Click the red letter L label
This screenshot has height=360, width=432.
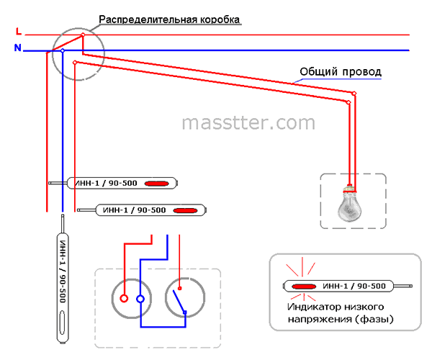pos(19,31)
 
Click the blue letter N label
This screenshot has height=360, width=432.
pos(17,48)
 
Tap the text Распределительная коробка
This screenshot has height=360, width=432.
pos(169,20)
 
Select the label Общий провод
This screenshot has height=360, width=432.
pos(341,71)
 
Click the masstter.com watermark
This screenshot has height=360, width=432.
pos(248,123)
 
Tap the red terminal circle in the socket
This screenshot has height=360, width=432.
pos(124,298)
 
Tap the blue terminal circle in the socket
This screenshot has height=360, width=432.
pos(140,299)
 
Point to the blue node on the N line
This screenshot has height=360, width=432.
pos(63,50)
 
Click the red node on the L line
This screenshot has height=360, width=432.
pos(83,35)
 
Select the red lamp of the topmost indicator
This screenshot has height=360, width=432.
pos(157,184)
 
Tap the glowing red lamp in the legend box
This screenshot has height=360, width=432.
pos(304,287)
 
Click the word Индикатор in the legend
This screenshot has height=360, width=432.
pos(309,307)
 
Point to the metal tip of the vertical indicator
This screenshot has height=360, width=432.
pos(63,223)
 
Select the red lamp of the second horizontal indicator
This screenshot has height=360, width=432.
pos(186,211)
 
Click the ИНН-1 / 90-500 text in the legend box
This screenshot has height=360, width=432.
pos(354,286)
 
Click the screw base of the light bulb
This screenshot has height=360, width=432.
pos(350,189)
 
